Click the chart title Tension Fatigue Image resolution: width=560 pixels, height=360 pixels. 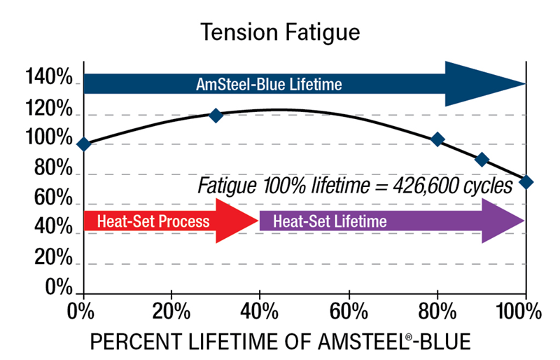point(280,32)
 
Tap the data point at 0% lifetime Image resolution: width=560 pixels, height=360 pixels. point(84,144)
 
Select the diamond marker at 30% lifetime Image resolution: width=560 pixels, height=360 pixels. point(216,116)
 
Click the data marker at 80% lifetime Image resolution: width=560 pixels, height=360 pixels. point(437,139)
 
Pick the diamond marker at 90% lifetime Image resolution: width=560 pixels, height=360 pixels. point(482,160)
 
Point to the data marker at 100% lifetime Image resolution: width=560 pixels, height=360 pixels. point(526,182)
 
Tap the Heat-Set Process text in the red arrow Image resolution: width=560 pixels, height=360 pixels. point(153,221)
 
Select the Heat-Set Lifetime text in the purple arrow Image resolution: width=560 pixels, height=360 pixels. point(330,221)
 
